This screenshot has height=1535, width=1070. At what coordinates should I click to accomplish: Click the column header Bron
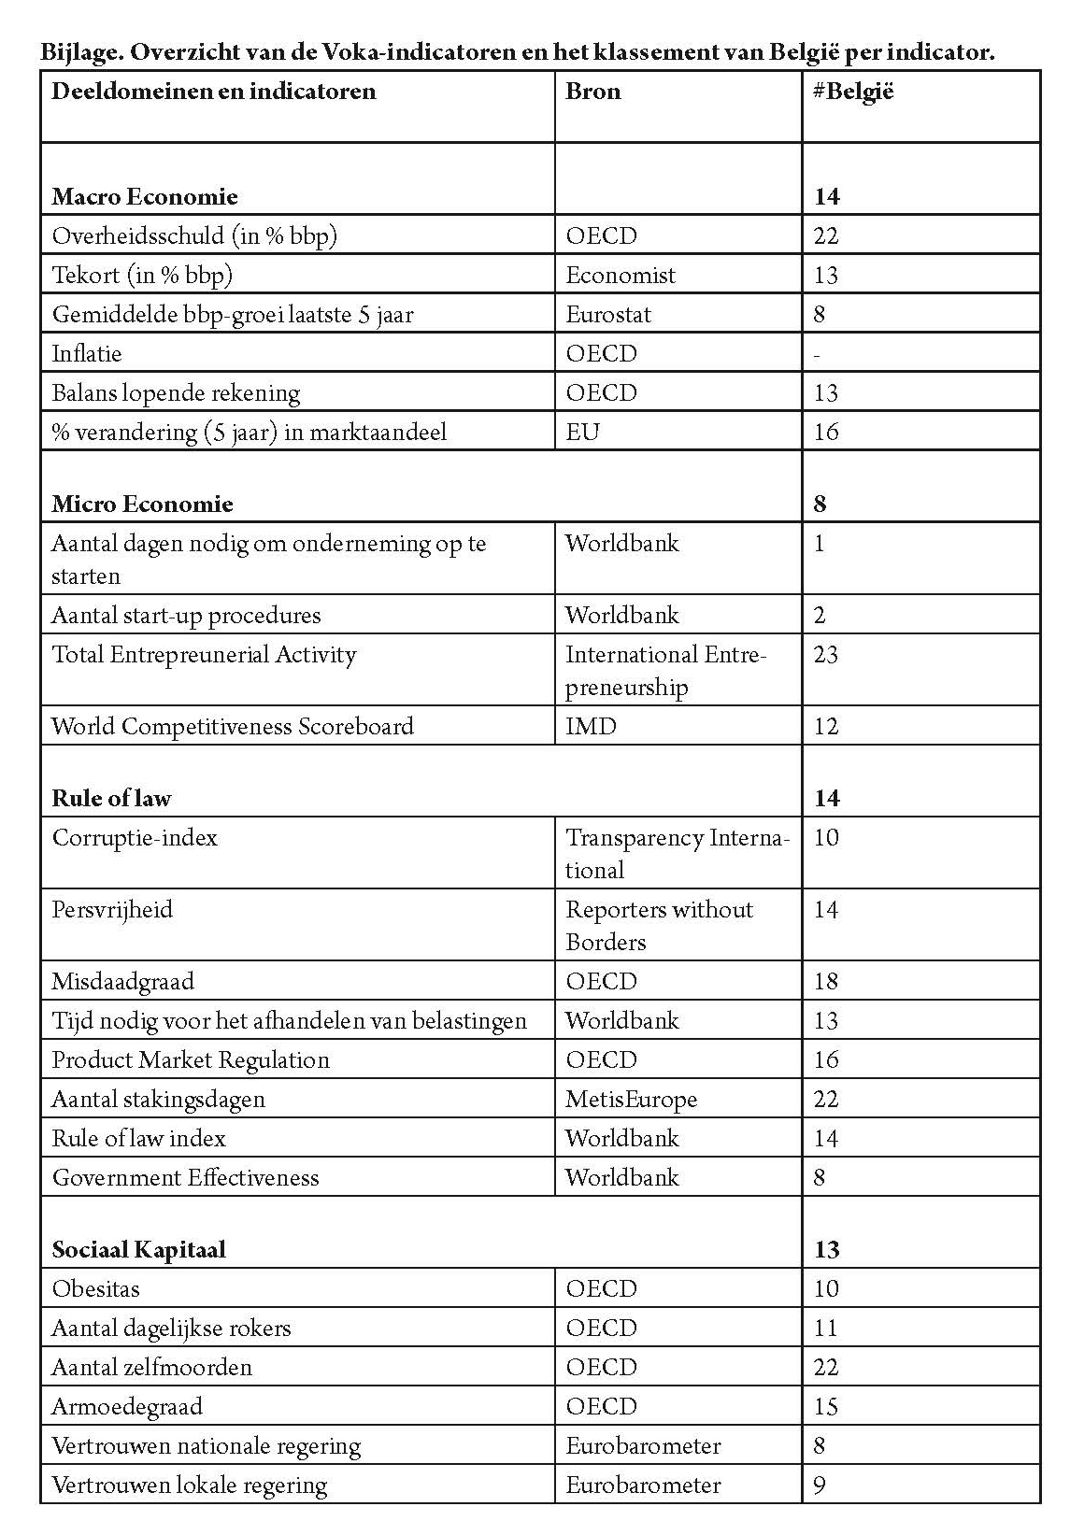point(593,92)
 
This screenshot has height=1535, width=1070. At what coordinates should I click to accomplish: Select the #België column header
point(853,92)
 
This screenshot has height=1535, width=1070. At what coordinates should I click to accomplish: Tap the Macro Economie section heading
point(145,196)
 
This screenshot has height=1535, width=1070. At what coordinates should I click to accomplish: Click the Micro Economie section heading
point(142,504)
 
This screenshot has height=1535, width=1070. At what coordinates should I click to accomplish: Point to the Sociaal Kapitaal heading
point(139,1249)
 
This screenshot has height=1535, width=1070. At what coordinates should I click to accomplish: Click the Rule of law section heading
point(112,798)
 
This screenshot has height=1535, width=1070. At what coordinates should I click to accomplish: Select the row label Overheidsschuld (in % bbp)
point(194,235)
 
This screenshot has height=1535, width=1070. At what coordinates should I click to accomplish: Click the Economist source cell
point(620,275)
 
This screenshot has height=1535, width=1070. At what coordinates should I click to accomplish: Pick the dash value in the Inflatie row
point(819,354)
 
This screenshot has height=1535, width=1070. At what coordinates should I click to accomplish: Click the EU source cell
point(582,432)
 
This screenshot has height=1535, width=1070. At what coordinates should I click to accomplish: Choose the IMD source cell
point(591,726)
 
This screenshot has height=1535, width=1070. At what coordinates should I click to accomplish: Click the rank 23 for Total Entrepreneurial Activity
point(826,654)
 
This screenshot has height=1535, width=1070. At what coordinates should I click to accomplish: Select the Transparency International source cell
point(678,853)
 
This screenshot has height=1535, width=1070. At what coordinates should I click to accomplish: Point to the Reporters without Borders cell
point(659,925)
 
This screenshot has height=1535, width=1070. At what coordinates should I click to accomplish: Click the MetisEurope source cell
point(631,1099)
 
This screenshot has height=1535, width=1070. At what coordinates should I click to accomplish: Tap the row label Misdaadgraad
point(123,981)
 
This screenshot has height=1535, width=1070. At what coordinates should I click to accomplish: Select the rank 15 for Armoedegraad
point(826,1406)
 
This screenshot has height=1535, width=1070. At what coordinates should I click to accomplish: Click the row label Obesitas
point(96,1288)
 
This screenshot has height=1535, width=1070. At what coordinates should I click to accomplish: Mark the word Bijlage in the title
point(79,52)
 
